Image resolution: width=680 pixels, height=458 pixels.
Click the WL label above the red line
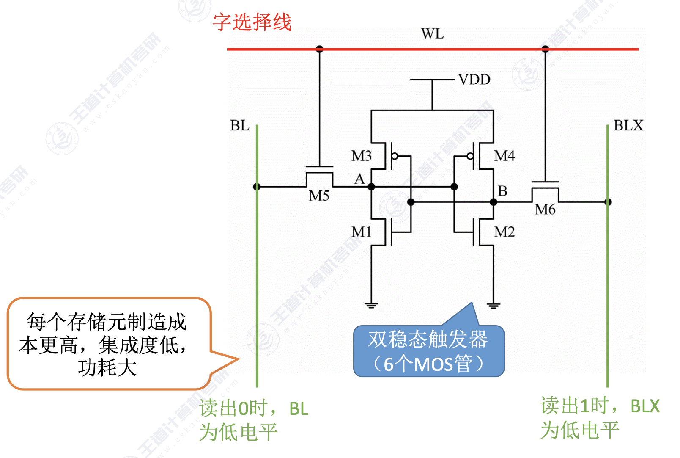(432, 34)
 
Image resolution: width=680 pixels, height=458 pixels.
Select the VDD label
(474, 80)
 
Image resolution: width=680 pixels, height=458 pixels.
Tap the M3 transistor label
(361, 156)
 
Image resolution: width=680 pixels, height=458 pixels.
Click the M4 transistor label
(505, 156)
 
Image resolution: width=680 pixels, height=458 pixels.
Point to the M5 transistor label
(319, 196)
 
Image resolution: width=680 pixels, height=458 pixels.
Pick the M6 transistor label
(545, 209)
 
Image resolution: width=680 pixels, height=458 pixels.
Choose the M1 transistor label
(361, 232)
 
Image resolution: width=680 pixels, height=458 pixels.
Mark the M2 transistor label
(505, 232)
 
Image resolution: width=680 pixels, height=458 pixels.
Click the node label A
(359, 179)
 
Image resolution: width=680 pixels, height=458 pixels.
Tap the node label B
(502, 191)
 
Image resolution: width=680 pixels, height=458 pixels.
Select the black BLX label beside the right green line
(628, 126)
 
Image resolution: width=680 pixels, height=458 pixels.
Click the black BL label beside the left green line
(239, 126)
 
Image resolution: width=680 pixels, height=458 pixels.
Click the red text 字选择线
(252, 22)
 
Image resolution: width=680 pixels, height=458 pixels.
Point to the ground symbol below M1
(371, 305)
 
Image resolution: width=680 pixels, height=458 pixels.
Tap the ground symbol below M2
(494, 305)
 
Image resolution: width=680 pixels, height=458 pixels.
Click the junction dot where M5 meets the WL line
(319, 49)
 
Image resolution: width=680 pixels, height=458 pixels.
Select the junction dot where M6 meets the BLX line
(608, 202)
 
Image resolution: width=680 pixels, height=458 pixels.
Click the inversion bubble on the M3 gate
(395, 156)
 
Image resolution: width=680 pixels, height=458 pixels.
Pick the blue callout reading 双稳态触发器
(429, 351)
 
